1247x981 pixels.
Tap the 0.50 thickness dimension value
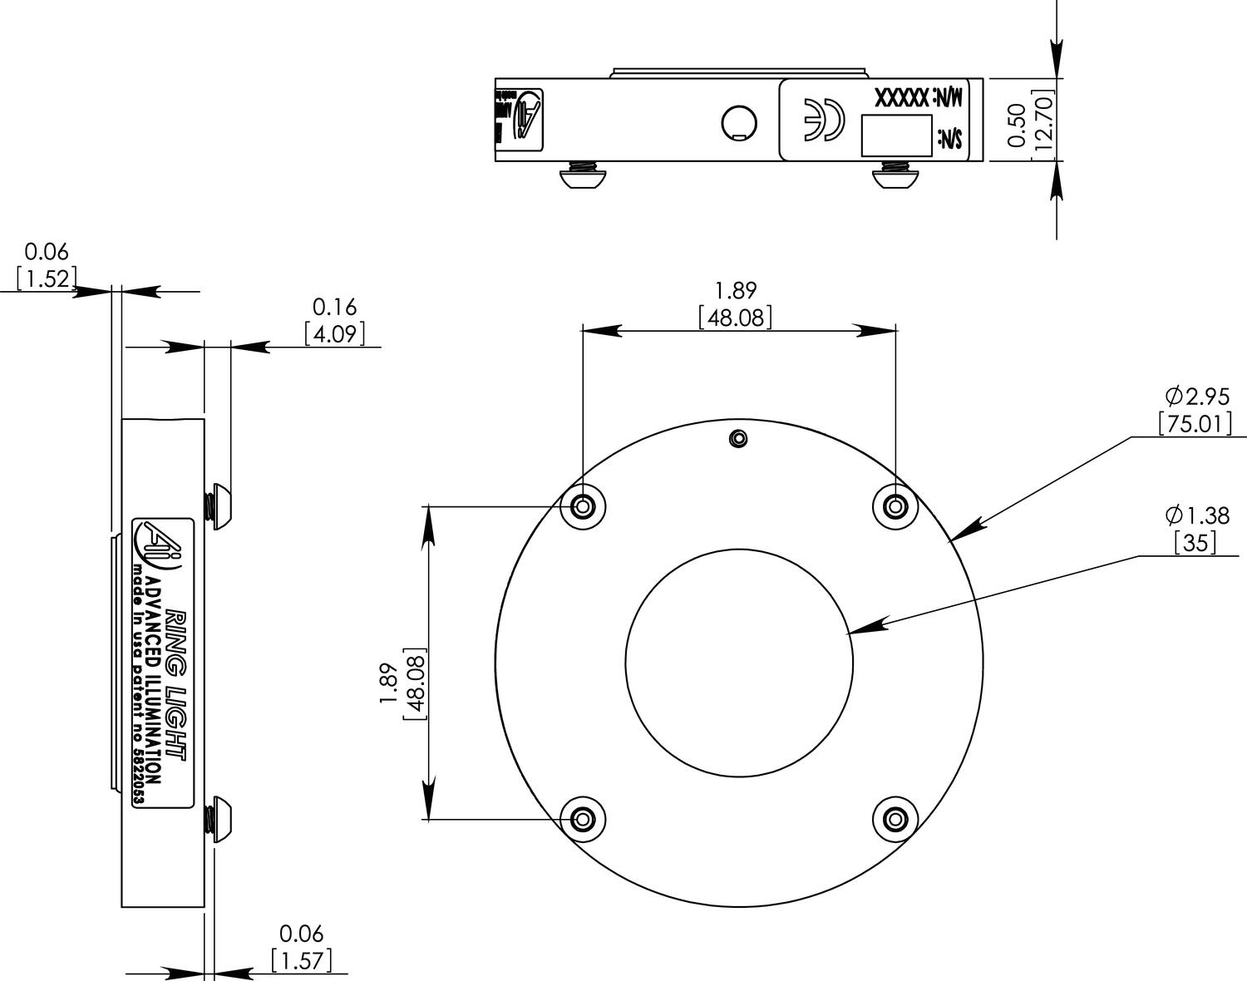tap(1017, 126)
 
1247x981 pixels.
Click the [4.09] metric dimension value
tap(334, 334)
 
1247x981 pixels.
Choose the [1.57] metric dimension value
tap(302, 961)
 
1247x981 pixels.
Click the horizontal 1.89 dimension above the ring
tap(736, 290)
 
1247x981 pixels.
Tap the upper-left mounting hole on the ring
tap(583, 505)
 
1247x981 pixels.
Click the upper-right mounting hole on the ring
tap(895, 505)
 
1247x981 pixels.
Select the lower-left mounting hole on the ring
tap(583, 819)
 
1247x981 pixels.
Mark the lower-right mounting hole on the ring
tap(895, 819)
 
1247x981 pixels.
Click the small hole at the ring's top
tap(737, 438)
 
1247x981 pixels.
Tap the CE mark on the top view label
tap(822, 119)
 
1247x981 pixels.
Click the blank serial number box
tap(895, 135)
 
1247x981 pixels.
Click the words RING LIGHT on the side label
tap(176, 683)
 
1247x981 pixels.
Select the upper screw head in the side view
tap(221, 505)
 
